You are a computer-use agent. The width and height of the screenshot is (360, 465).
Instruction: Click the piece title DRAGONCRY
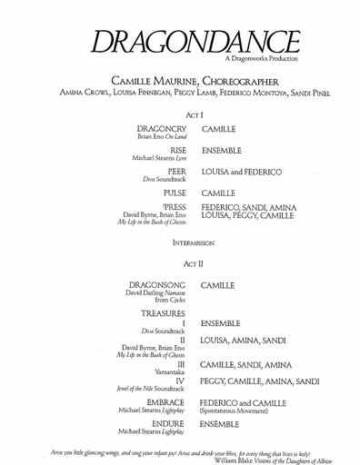click(x=160, y=131)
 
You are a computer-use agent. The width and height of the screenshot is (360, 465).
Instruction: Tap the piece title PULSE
click(x=173, y=193)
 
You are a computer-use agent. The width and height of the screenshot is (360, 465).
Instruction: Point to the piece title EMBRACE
click(x=164, y=401)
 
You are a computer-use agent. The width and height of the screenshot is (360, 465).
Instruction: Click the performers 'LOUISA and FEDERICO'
click(x=241, y=172)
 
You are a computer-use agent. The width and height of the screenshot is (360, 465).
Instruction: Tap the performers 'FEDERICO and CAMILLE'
click(x=245, y=401)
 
